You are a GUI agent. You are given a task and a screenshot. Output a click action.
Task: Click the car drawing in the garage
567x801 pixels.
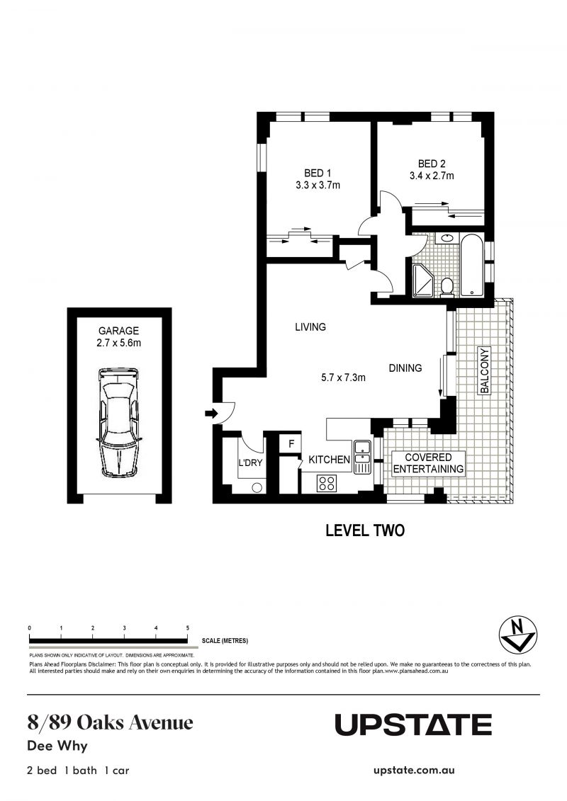119,422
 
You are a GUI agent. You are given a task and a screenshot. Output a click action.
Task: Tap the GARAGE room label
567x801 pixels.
119,331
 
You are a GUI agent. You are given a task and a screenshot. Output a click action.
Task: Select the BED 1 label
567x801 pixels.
318,174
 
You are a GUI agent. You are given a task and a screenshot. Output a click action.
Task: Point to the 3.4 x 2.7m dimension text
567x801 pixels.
431,176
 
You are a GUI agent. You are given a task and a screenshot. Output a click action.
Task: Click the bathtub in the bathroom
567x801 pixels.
471,266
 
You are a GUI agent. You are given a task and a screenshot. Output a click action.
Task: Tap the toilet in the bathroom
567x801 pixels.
447,285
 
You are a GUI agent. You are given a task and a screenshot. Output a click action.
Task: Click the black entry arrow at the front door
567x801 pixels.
210,414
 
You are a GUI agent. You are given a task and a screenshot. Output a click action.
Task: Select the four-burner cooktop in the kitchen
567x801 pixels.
327,483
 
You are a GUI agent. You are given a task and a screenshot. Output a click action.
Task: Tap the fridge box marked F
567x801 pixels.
290,444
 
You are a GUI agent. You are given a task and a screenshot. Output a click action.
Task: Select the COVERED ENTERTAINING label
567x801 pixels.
428,463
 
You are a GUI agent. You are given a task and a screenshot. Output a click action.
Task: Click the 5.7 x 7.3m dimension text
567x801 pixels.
343,377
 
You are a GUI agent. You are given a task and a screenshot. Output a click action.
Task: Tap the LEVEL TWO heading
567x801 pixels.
364,530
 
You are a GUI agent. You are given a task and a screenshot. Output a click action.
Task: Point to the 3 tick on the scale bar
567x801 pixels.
125,628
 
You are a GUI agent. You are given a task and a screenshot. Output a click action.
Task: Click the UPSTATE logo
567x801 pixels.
412,725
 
